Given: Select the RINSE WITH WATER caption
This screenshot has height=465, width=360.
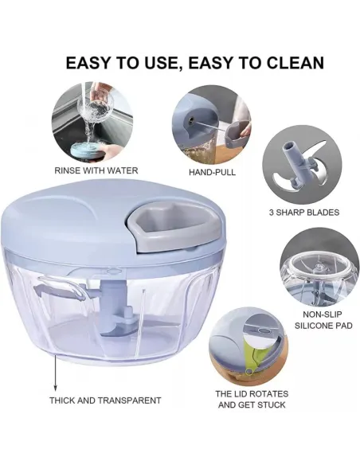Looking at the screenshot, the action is (x=96, y=170).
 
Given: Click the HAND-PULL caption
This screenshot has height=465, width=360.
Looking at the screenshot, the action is (x=212, y=172).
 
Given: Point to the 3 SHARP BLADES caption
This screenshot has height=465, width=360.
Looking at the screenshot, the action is (x=304, y=213).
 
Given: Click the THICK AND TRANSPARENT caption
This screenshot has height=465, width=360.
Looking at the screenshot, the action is (x=105, y=401).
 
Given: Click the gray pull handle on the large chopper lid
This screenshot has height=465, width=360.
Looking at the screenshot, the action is (x=174, y=229).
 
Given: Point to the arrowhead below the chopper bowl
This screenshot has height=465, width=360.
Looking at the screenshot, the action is (x=55, y=389).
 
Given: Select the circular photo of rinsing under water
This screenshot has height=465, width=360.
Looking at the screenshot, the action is (x=92, y=123).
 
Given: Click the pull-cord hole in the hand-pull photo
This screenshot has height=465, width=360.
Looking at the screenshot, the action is (x=192, y=119).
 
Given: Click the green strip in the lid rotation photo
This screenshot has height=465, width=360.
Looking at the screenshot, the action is (x=253, y=356).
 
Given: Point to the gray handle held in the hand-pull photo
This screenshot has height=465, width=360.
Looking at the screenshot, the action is (x=235, y=134).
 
